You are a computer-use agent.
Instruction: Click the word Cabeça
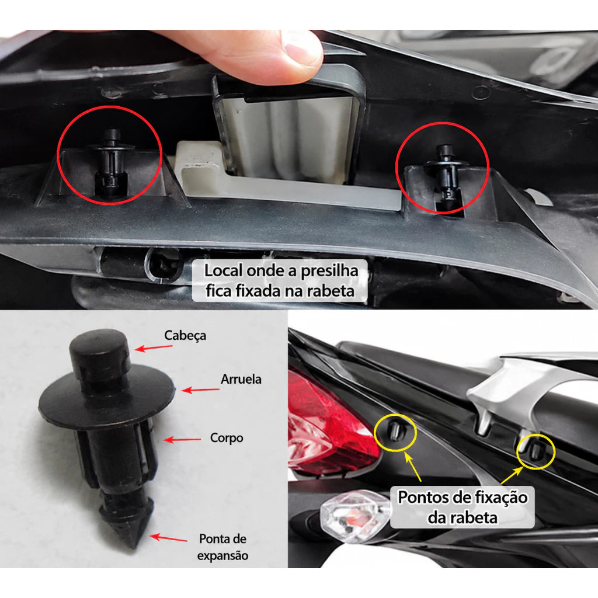[185, 336]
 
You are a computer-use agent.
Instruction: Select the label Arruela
[241, 379]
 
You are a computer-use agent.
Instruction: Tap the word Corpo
[227, 438]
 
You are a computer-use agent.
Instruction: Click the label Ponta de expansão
[222, 547]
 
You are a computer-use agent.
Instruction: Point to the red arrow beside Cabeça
[154, 348]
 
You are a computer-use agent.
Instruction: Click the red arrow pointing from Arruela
[200, 390]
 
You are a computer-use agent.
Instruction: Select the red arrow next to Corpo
[182, 440]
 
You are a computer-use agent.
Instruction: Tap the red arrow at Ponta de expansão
[168, 538]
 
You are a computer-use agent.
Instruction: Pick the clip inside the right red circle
[445, 175]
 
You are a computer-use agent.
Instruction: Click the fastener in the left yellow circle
[395, 432]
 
